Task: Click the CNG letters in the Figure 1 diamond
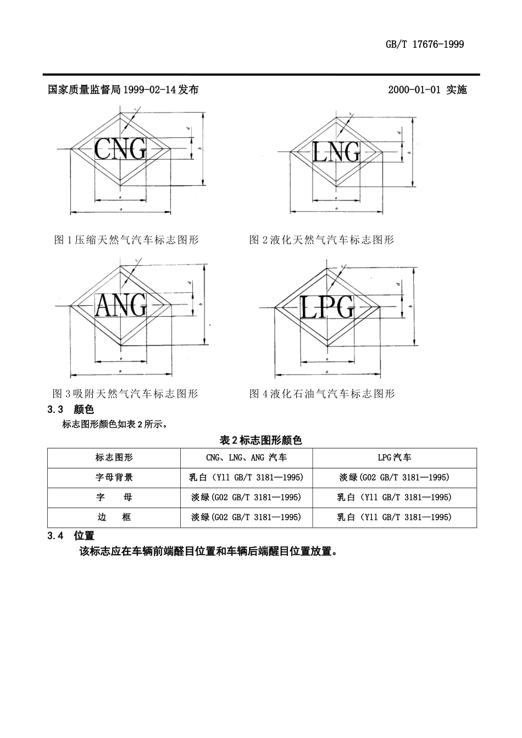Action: point(120,149)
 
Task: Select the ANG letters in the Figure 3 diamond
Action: point(121,305)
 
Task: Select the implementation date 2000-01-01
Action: point(415,90)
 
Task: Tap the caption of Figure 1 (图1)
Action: point(126,239)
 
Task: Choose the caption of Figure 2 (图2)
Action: point(321,239)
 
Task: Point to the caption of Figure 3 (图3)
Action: point(125,393)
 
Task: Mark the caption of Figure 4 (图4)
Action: point(322,393)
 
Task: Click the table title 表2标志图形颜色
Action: point(260,440)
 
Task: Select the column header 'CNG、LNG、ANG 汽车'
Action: point(246,457)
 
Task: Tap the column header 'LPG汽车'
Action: point(394,457)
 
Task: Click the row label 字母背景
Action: point(114,477)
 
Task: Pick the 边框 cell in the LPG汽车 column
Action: point(394,517)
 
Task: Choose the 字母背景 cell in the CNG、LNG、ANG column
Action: point(246,477)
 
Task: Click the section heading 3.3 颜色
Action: point(71,410)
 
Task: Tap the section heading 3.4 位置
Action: point(71,535)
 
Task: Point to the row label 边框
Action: point(114,517)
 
